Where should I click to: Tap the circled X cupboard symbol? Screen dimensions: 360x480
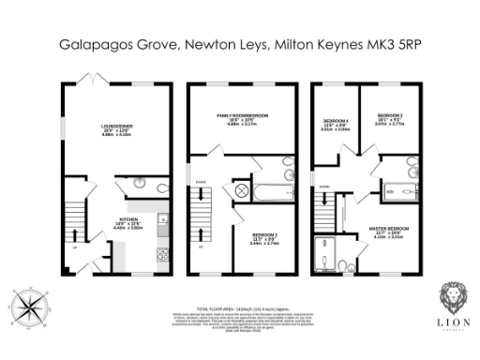pyautogui.click(x=239, y=191)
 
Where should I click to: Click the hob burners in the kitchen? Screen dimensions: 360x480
pyautogui.click(x=162, y=252)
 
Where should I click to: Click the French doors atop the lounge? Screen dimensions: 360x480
pyautogui.click(x=94, y=79)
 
